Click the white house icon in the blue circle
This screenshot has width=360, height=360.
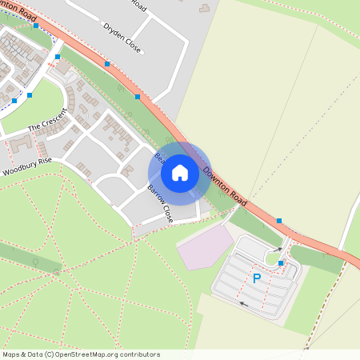point(180,172)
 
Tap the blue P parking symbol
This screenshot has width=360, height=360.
point(257,278)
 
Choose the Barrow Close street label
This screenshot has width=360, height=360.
point(160,203)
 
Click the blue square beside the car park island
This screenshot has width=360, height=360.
point(280,263)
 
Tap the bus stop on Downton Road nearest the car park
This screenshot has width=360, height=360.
point(279,220)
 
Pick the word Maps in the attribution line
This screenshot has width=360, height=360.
point(11,354)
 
